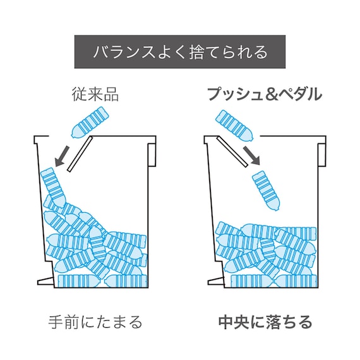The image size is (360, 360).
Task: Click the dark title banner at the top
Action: [x=180, y=51]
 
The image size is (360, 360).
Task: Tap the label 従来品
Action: [x=95, y=95]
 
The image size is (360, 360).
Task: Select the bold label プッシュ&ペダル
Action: [x=264, y=95]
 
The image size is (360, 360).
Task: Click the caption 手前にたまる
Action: [x=95, y=322]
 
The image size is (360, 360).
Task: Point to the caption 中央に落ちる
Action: [x=264, y=322]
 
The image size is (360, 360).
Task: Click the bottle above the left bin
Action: [x=90, y=123]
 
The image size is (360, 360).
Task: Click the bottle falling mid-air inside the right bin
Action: [x=265, y=191]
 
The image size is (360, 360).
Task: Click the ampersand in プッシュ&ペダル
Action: [x=272, y=96]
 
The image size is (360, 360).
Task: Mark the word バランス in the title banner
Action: [x=118, y=51]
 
